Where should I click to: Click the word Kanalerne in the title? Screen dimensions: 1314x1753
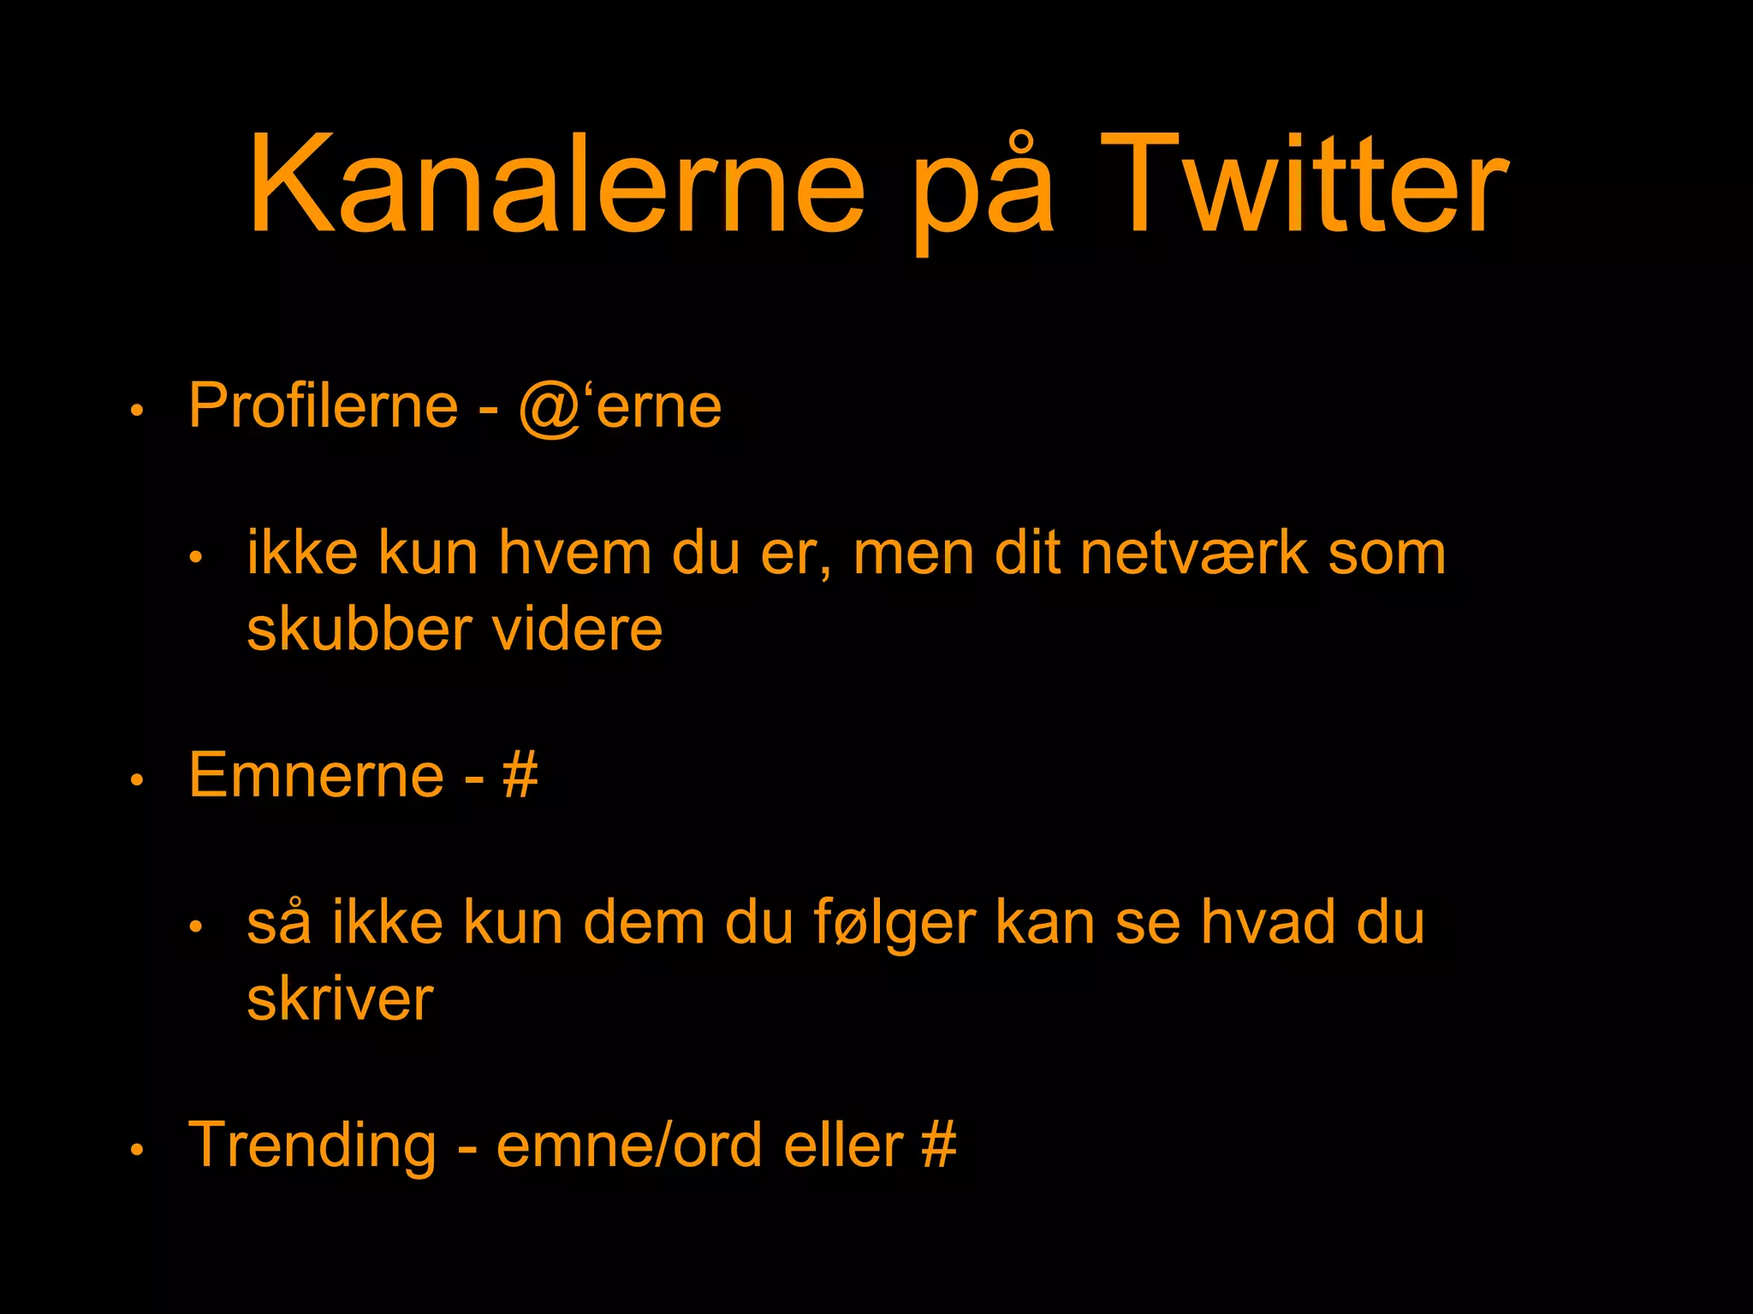click(x=556, y=184)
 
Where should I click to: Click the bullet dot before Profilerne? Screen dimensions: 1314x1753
click(x=136, y=411)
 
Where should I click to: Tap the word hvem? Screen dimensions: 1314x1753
click(x=575, y=553)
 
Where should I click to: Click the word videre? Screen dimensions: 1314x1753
click(x=577, y=629)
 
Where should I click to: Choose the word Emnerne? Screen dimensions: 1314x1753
click(x=316, y=775)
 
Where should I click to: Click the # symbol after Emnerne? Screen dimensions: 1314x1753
click(x=520, y=775)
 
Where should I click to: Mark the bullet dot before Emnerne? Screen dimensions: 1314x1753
click(x=136, y=781)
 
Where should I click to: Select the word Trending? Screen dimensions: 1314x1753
click(x=312, y=1146)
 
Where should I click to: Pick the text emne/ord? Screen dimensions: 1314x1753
click(x=629, y=1145)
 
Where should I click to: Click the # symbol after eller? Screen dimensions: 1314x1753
click(x=939, y=1145)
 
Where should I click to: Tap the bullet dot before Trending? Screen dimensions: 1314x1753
click(x=136, y=1151)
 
